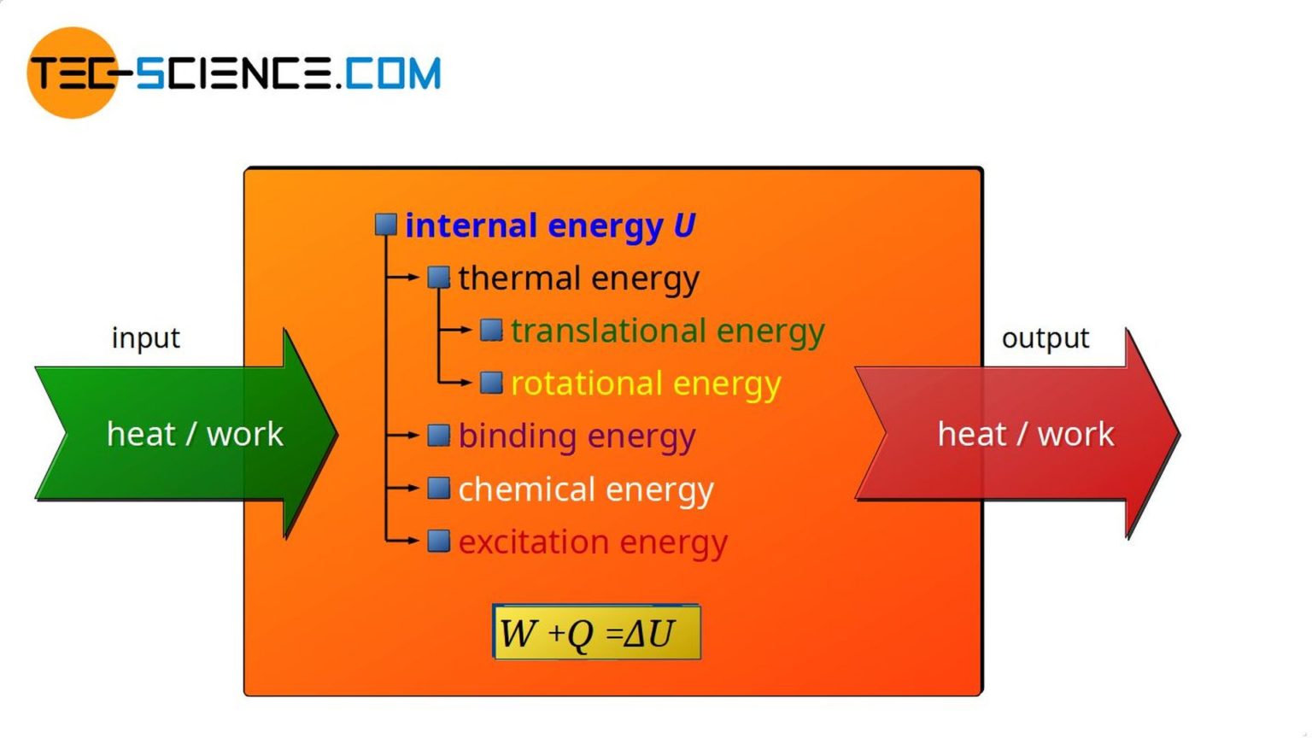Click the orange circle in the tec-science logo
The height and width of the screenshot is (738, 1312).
(72, 73)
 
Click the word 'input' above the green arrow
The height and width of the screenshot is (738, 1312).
(146, 338)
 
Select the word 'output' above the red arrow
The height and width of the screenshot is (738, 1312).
(1045, 338)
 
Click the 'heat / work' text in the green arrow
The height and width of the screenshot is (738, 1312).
(195, 434)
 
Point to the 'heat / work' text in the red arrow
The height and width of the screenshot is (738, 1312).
(1026, 434)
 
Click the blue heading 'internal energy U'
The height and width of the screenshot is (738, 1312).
(550, 225)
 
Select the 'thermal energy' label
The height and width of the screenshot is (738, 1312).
(578, 278)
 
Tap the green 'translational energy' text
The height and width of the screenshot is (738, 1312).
(667, 331)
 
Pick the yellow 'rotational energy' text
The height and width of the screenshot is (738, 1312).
(646, 384)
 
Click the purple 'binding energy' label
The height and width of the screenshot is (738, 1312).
(577, 436)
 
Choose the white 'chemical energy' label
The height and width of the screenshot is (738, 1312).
(586, 489)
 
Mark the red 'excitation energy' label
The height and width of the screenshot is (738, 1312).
(593, 542)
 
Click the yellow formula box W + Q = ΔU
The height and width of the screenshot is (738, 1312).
(596, 632)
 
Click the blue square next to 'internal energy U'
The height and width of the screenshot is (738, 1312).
(386, 225)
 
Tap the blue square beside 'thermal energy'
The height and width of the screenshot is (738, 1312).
(439, 277)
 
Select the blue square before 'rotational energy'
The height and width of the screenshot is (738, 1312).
(491, 383)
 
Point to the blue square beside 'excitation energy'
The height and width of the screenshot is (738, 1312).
(439, 541)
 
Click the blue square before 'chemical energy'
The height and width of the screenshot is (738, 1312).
(439, 488)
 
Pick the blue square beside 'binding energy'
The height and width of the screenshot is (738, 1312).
(439, 436)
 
